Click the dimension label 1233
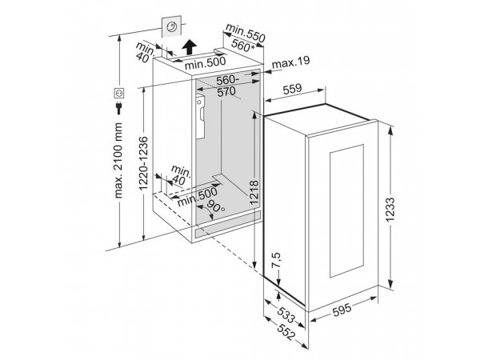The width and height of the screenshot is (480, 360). [390, 210]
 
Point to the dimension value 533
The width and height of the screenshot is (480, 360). [286, 315]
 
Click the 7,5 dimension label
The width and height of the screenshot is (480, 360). [276, 260]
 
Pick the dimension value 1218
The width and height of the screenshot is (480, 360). [254, 193]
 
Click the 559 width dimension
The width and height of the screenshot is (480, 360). [292, 89]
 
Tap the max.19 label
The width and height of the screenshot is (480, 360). [291, 62]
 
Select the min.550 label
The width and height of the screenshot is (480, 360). [246, 33]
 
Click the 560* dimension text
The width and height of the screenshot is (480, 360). [242, 46]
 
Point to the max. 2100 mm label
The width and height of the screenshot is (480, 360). [118, 161]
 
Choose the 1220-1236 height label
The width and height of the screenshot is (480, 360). [143, 163]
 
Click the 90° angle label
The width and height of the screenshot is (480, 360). [216, 206]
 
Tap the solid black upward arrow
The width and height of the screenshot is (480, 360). [189, 47]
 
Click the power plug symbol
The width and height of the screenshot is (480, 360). [118, 108]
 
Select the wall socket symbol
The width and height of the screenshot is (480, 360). [118, 93]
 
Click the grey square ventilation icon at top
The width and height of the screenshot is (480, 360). [171, 27]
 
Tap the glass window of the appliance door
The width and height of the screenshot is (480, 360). [346, 211]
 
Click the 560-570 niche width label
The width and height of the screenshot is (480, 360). [226, 86]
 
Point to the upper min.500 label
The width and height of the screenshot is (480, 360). [205, 62]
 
